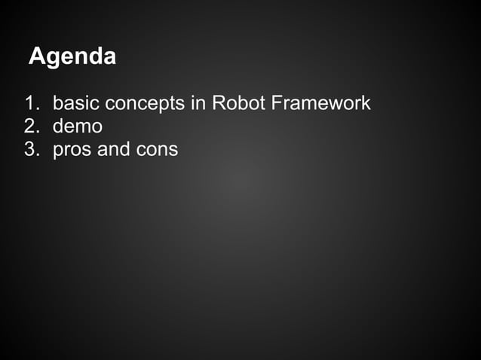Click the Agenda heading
(x=72, y=56)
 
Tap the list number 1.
(x=31, y=102)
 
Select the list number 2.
(x=31, y=126)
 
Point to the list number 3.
(x=31, y=149)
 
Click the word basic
(x=75, y=102)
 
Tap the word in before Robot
(x=198, y=102)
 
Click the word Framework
(x=320, y=102)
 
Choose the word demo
(x=78, y=126)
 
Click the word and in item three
(x=114, y=149)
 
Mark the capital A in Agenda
(x=36, y=56)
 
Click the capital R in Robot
(x=219, y=102)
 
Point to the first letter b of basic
(x=57, y=102)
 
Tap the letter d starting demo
(x=58, y=126)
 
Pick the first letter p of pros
(x=58, y=151)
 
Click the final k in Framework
(x=366, y=102)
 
